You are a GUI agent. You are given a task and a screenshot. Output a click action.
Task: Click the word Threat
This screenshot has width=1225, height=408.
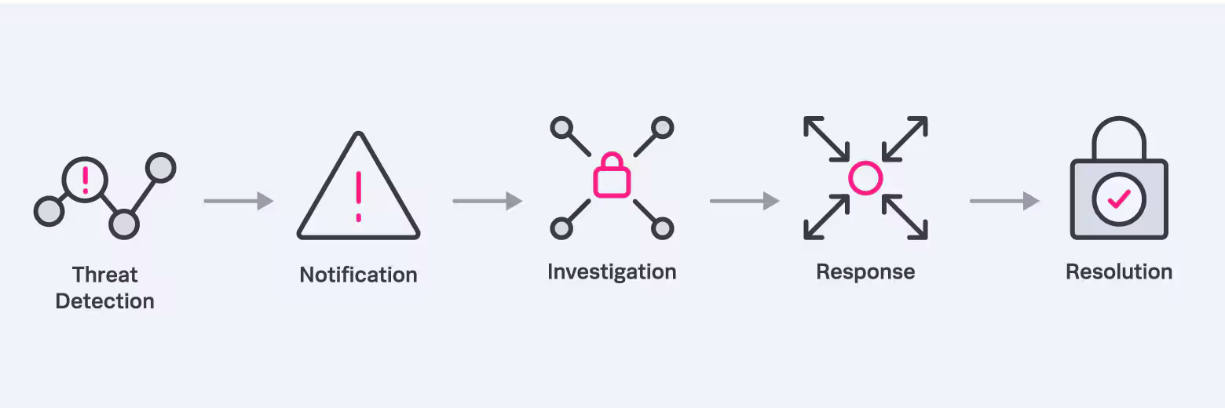tap(104, 275)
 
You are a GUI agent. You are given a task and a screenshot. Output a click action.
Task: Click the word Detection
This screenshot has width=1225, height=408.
tap(104, 301)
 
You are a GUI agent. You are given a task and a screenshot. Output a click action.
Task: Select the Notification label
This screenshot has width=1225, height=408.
tap(358, 275)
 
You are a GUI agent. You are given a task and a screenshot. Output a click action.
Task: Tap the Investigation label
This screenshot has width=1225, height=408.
tap(612, 271)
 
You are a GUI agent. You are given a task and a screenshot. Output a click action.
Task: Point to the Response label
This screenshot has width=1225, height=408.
tap(865, 271)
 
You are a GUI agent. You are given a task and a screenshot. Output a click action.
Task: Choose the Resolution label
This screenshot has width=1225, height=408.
tap(1119, 271)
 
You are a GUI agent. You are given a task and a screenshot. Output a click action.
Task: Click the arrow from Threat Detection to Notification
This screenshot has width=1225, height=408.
tap(238, 201)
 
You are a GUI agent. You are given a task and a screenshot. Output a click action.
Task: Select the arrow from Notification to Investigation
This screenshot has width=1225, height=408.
tap(487, 201)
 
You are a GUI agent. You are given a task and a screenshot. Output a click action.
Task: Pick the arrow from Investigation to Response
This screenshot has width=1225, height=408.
tap(744, 201)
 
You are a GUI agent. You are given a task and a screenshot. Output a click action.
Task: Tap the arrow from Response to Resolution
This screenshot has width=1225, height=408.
tap(1004, 201)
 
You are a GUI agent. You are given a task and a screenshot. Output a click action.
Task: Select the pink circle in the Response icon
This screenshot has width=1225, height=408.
tap(865, 177)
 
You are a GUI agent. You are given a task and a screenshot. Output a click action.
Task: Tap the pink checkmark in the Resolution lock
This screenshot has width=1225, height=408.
tap(1119, 199)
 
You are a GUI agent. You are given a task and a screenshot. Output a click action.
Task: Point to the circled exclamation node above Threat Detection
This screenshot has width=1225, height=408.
tap(85, 179)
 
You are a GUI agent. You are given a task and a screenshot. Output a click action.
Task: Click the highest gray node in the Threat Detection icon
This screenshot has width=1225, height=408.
tap(161, 167)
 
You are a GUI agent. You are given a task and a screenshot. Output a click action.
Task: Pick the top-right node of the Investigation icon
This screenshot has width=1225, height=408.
tap(663, 127)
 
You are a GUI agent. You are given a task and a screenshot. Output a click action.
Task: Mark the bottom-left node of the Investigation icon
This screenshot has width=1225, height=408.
tap(561, 228)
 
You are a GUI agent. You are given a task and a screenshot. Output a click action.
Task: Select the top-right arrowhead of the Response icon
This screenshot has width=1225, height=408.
tap(919, 125)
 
